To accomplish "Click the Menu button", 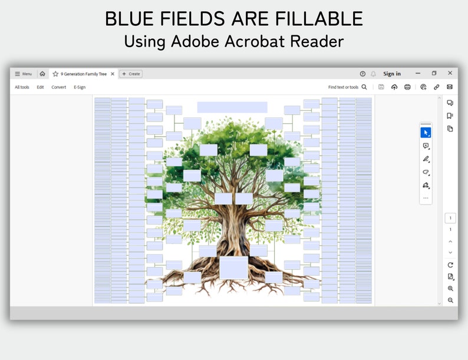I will coord(24,74).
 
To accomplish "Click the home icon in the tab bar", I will coord(42,74).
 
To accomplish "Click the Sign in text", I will coord(392,74).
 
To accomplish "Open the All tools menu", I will coord(22,87).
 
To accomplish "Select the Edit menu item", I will coord(40,87).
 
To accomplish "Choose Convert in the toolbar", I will coord(59,87).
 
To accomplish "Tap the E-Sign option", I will coord(80,87).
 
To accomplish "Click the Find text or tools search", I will coord(347,87).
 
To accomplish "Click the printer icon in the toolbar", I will coord(407,87).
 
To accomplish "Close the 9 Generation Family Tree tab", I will coord(113,74).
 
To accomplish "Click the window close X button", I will coord(450,73).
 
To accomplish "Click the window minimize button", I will coord(418,73).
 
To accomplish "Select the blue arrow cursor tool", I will coord(426,133).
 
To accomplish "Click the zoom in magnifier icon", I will coord(450,289).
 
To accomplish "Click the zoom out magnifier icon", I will coord(450,300).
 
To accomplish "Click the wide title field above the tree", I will coord(232,107).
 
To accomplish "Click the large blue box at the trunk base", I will coord(233,267).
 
